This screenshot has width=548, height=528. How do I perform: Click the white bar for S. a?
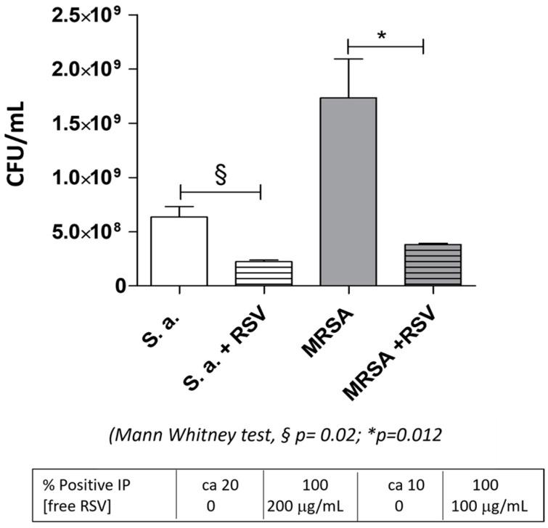pos(179,251)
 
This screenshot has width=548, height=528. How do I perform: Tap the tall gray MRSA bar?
pos(348,191)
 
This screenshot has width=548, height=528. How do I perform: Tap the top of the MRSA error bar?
pos(348,59)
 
